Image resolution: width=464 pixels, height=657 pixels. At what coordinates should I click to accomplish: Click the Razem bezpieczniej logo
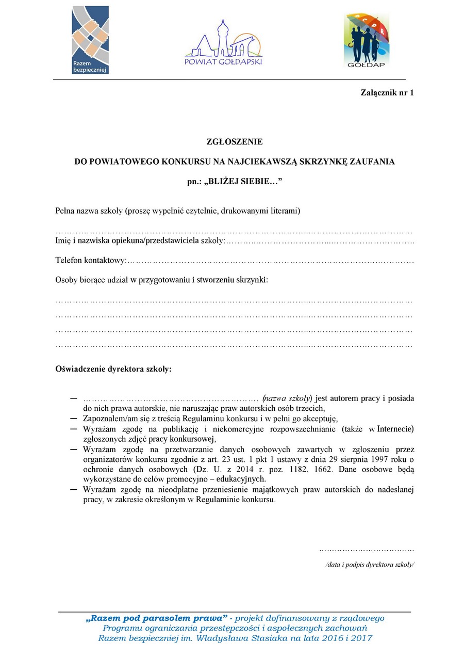90,40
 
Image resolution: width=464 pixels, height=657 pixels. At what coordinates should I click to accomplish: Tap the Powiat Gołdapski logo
224,43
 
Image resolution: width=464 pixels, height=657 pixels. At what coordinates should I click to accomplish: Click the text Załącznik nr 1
387,93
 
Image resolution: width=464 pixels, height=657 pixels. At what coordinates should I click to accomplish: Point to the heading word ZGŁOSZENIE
235,141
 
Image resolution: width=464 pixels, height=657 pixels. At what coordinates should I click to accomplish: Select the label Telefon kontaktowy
90,261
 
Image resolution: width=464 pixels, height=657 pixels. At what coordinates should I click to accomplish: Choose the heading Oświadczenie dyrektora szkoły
113,370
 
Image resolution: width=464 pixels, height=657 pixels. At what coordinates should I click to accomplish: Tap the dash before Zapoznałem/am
73,418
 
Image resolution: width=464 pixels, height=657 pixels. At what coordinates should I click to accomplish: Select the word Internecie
396,428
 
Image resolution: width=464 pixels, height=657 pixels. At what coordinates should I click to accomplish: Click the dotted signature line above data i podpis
367,550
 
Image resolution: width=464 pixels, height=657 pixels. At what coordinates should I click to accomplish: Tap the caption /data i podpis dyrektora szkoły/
370,565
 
